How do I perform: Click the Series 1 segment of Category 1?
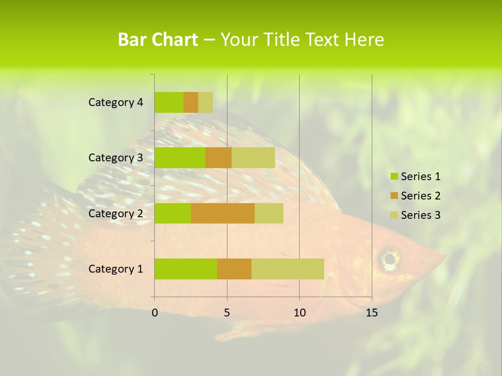click(x=186, y=269)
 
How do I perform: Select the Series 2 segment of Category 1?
click(x=234, y=269)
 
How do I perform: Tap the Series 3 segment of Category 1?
click(x=288, y=269)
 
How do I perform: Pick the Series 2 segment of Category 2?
click(x=223, y=213)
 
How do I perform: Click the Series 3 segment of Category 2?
click(x=269, y=213)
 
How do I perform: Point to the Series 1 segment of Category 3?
click(x=180, y=158)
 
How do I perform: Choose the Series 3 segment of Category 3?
click(x=253, y=158)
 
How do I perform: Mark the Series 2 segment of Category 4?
click(x=191, y=102)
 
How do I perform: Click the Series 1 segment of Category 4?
click(x=169, y=102)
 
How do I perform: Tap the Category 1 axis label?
click(x=116, y=269)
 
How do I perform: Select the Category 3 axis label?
click(x=116, y=158)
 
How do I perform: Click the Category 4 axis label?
click(x=116, y=102)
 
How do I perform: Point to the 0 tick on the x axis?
click(x=155, y=313)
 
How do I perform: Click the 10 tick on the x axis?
click(x=299, y=313)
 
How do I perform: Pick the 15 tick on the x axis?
click(x=371, y=313)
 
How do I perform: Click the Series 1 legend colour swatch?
click(x=394, y=177)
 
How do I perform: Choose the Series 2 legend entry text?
click(x=420, y=196)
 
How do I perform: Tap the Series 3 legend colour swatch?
click(x=394, y=215)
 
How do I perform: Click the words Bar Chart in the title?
click(x=157, y=40)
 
